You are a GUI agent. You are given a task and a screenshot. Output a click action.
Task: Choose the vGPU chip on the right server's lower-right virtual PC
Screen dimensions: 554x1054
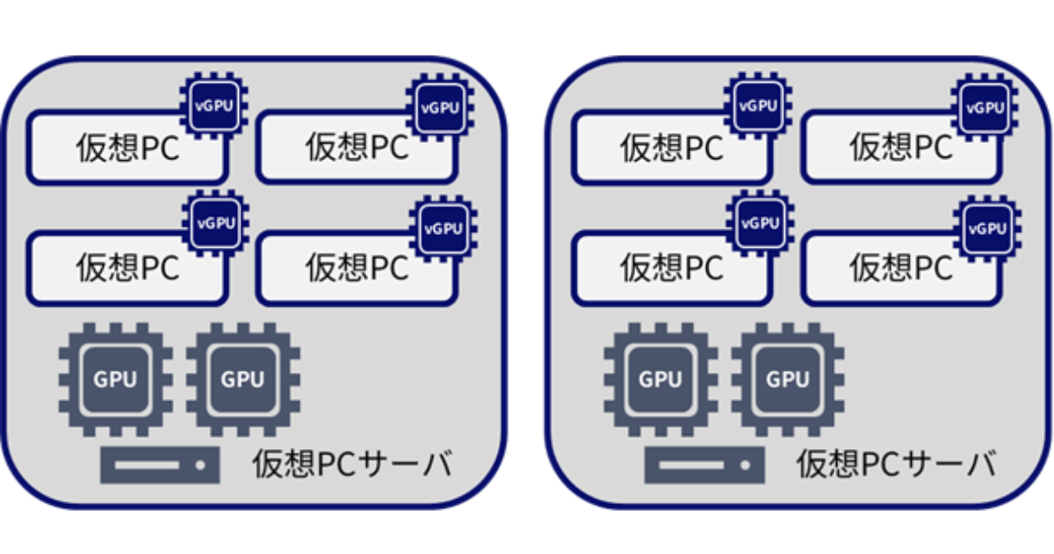click(x=985, y=229)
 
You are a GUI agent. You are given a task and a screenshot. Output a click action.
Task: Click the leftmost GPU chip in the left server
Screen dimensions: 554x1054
click(x=115, y=379)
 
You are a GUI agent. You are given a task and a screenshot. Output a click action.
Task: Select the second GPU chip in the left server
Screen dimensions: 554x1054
click(x=242, y=379)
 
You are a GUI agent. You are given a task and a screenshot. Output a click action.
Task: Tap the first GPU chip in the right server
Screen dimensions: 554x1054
click(x=660, y=379)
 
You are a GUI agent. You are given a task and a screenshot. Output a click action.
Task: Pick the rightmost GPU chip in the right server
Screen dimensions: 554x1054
click(x=787, y=379)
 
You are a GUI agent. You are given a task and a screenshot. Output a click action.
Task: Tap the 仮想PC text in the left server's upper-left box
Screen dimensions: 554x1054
click(x=127, y=149)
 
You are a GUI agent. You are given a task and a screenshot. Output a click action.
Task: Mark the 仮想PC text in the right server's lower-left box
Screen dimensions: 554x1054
click(x=672, y=266)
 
